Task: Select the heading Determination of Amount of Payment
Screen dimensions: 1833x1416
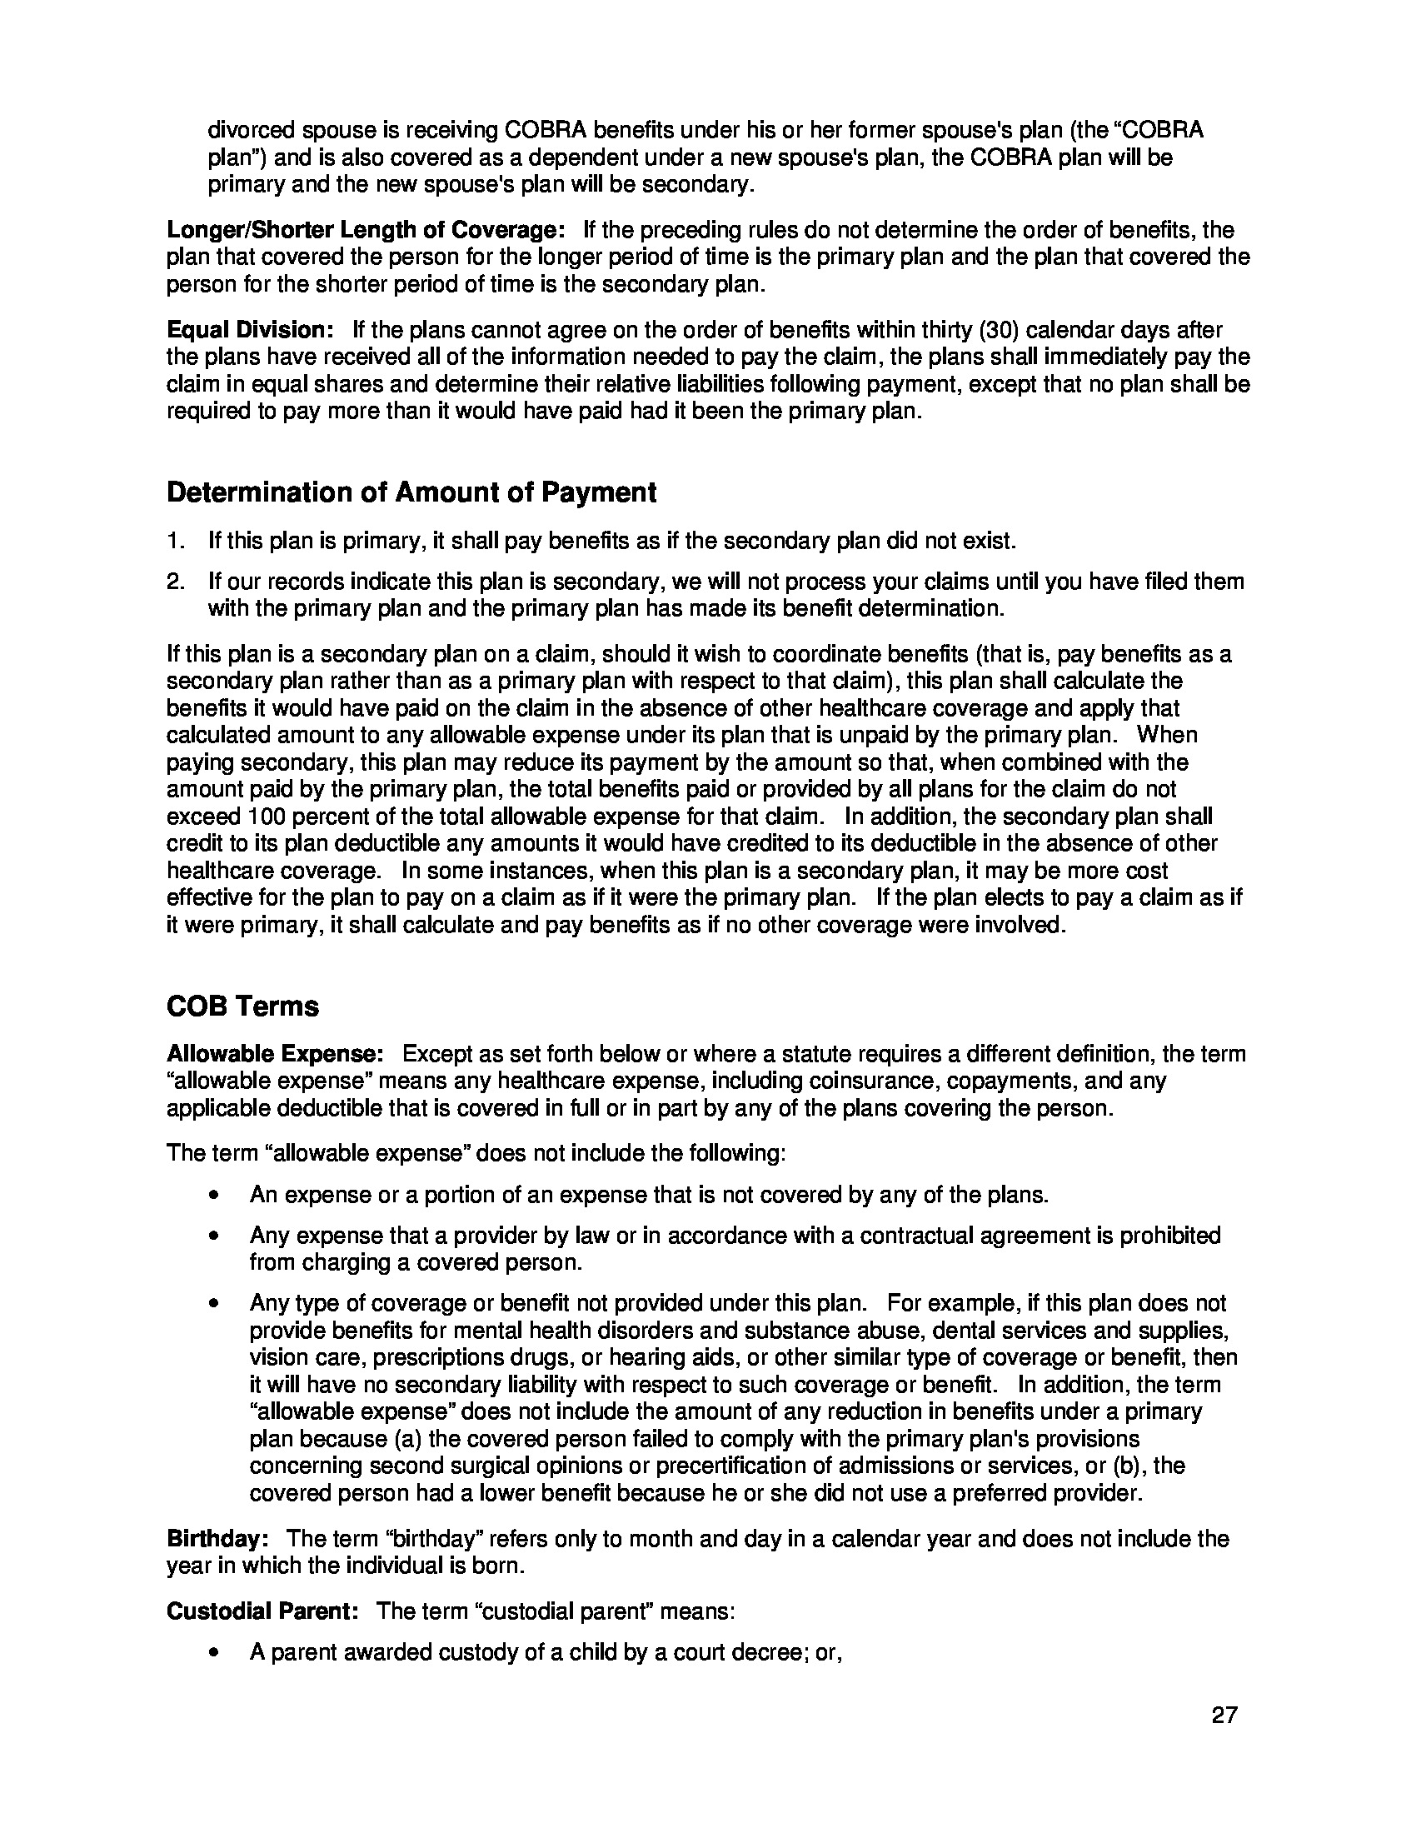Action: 411,492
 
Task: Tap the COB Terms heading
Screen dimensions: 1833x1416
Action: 242,1006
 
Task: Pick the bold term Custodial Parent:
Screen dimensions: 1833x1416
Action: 262,1611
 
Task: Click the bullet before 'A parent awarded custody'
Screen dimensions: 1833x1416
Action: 217,1653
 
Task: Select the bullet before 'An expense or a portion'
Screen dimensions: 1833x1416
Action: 217,1195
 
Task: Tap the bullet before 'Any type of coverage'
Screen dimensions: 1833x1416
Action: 217,1304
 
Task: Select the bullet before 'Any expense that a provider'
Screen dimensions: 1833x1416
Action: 217,1236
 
